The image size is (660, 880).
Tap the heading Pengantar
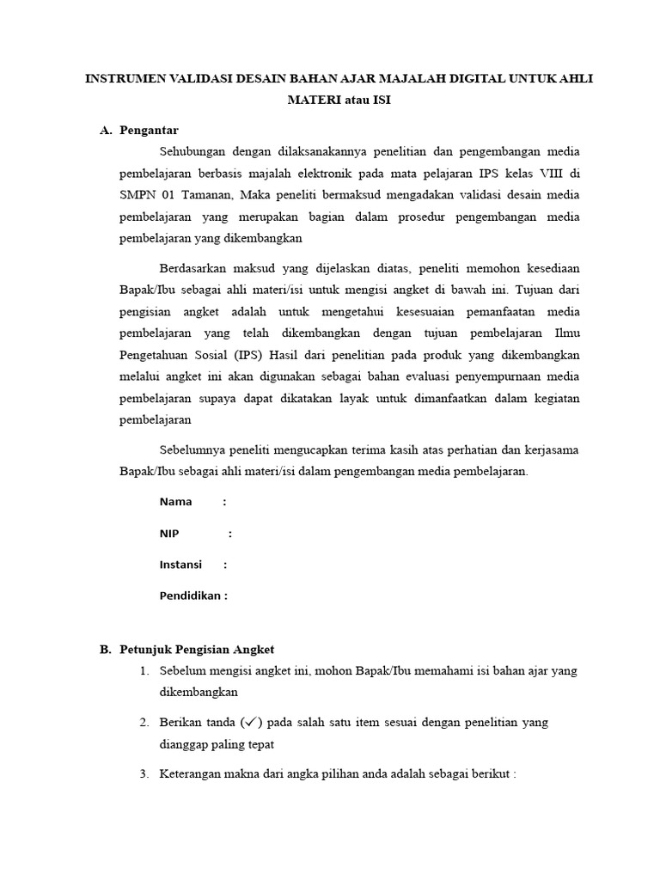(149, 130)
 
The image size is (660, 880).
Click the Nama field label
(175, 502)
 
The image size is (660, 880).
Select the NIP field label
(169, 534)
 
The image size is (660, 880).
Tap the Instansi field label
(180, 565)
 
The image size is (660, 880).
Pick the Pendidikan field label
(192, 596)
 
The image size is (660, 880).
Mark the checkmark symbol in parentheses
(252, 723)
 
